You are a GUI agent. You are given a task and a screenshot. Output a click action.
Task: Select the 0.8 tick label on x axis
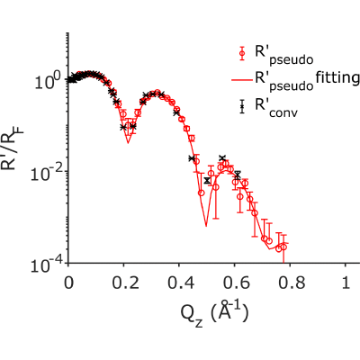(291, 283)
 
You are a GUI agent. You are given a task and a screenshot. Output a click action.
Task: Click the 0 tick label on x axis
(68, 283)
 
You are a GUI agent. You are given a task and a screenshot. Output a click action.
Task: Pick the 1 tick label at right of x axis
(346, 283)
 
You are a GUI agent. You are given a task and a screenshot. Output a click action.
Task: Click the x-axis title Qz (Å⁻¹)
(214, 313)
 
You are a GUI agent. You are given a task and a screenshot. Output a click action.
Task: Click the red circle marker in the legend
(242, 53)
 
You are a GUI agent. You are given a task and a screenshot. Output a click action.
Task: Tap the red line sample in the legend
(242, 80)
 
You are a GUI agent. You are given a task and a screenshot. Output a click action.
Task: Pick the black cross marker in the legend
(242, 106)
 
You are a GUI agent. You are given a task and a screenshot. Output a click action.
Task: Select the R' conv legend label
(276, 108)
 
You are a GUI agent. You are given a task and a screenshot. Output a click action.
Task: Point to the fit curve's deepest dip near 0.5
(206, 226)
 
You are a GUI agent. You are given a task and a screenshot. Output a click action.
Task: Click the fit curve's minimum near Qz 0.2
(128, 142)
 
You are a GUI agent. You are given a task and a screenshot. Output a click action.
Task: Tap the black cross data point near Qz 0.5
(207, 180)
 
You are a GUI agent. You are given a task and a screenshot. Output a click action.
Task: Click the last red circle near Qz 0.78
(283, 247)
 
